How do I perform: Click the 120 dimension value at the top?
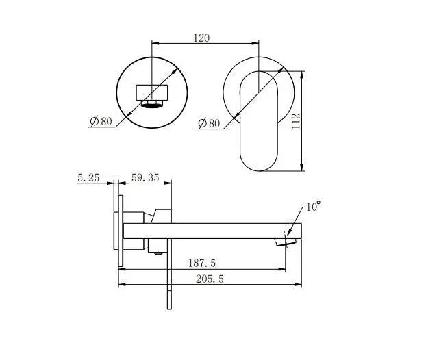(x=201, y=38)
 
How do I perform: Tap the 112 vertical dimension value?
(x=296, y=121)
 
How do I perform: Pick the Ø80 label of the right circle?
(x=209, y=124)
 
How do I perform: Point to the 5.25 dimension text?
(x=89, y=177)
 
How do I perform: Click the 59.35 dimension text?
(x=145, y=177)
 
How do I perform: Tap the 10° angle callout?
(x=314, y=205)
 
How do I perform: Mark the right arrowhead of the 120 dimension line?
(x=256, y=44)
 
